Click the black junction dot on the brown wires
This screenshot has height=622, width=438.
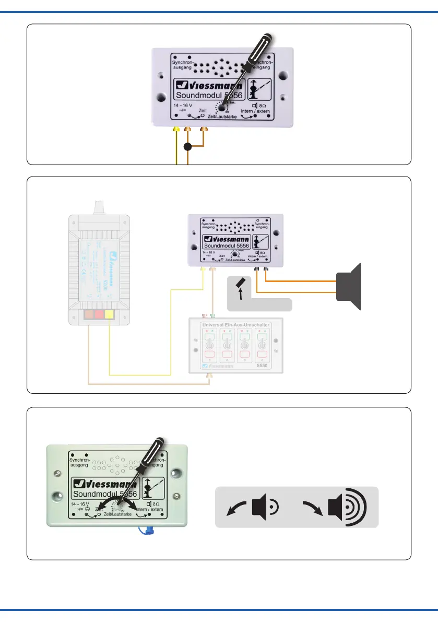pyautogui.click(x=188, y=148)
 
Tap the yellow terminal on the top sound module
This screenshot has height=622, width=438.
pyautogui.click(x=176, y=128)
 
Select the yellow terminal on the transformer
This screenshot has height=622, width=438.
pyautogui.click(x=110, y=315)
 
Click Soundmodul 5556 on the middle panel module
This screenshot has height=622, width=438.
pyautogui.click(x=226, y=246)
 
